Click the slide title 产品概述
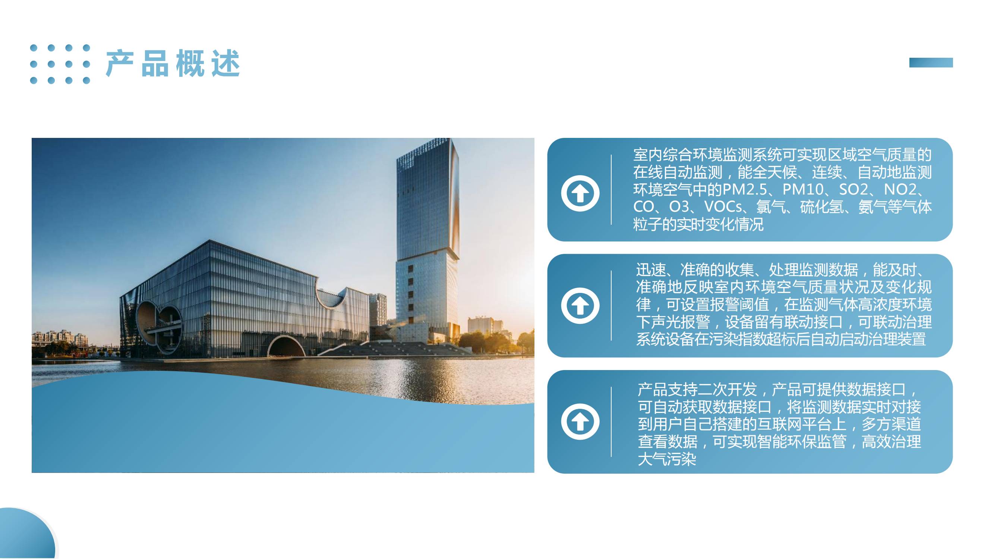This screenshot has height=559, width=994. click(x=173, y=63)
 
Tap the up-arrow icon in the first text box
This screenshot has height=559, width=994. click(x=580, y=193)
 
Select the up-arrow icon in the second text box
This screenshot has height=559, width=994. click(x=580, y=306)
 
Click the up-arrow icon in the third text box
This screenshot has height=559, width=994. click(x=580, y=421)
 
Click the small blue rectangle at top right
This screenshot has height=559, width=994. click(x=931, y=63)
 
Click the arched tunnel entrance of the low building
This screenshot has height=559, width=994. click(x=286, y=347)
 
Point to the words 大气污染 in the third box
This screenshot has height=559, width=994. click(x=667, y=459)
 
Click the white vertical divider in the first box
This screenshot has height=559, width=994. click(x=611, y=190)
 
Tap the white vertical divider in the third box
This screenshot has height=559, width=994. click(x=611, y=421)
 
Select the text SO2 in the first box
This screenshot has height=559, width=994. click(x=854, y=189)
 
